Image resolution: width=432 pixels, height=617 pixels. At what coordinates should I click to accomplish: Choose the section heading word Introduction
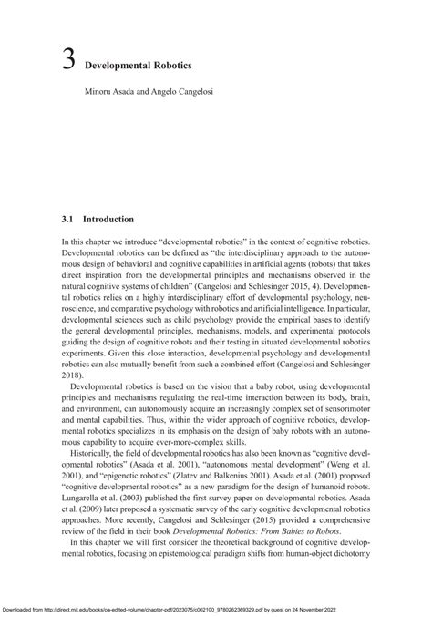click(x=108, y=221)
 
